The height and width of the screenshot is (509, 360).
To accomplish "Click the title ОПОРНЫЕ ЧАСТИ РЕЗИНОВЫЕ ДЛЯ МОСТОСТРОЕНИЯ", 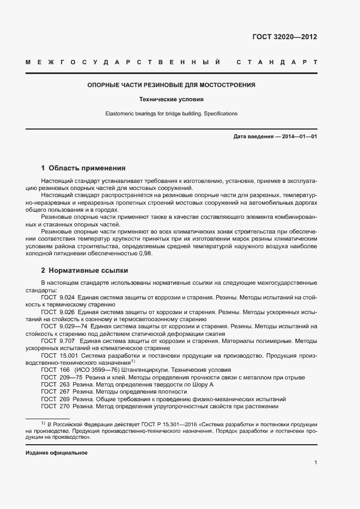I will coord(172,85).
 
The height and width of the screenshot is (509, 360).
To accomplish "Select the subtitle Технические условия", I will coord(172,100).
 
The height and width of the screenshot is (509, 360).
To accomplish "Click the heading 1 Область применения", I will coord(83,168).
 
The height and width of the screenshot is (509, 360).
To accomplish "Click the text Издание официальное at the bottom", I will coord(57,453).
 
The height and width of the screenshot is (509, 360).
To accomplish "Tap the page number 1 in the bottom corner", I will coord(316,463).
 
